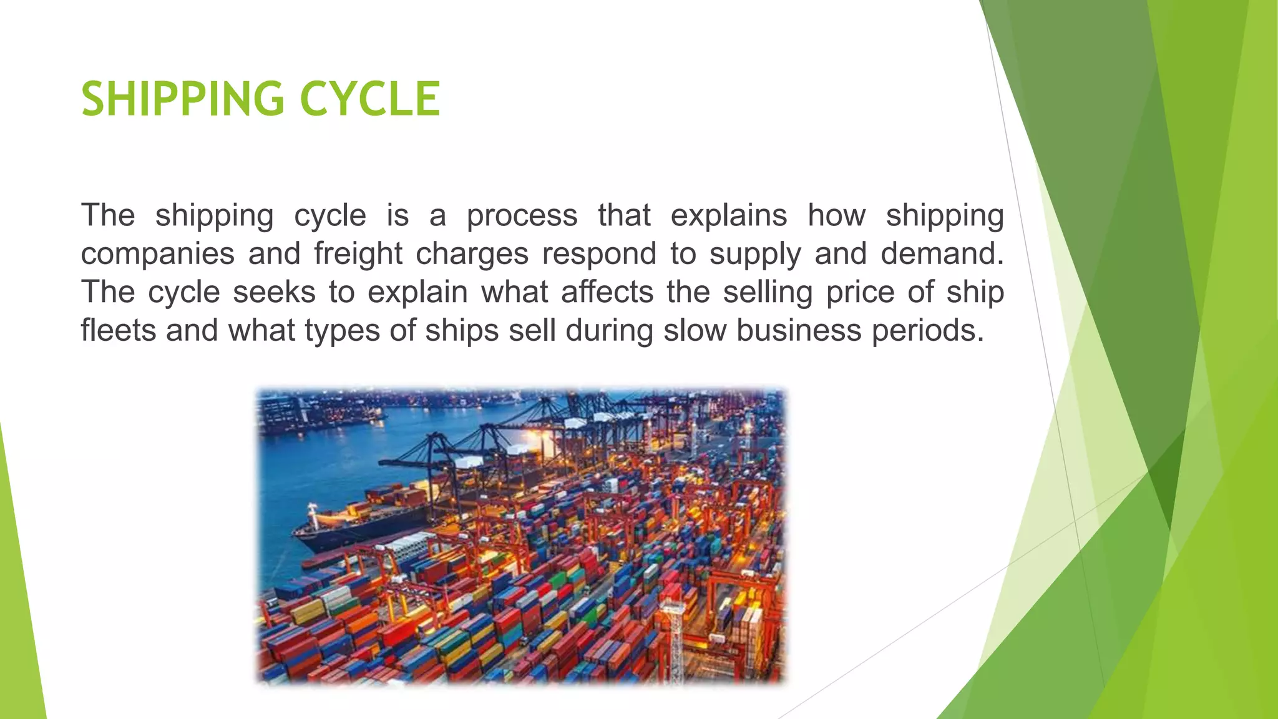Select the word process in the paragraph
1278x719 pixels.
point(522,216)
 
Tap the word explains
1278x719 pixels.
point(729,216)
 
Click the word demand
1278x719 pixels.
point(942,253)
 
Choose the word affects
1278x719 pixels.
point(607,292)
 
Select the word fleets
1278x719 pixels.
point(119,330)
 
